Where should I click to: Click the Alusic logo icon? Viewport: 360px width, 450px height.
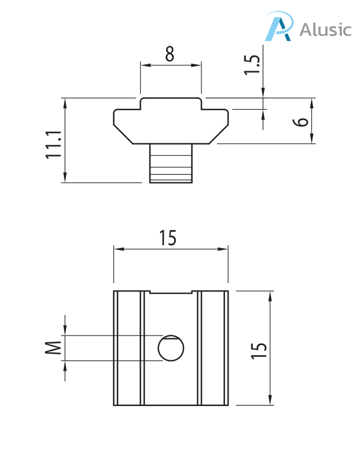[x=278, y=28]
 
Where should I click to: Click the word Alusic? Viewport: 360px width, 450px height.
[x=325, y=29]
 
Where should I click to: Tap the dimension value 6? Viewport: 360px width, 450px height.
[x=300, y=122]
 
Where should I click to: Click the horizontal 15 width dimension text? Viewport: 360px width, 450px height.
[x=168, y=238]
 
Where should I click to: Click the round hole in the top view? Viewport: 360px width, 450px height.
[x=171, y=348]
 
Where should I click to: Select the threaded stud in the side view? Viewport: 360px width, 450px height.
[x=171, y=164]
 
